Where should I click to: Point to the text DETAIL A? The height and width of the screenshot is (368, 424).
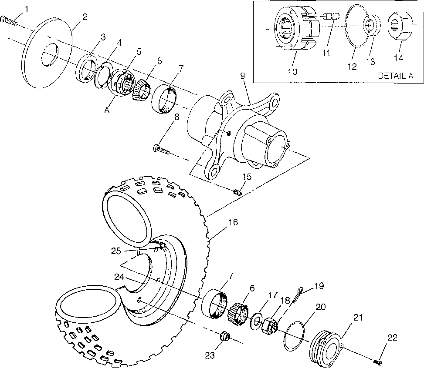(x=395, y=75)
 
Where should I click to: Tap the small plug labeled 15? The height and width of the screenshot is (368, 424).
(x=238, y=191)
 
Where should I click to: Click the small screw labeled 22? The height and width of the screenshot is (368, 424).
(x=378, y=362)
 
